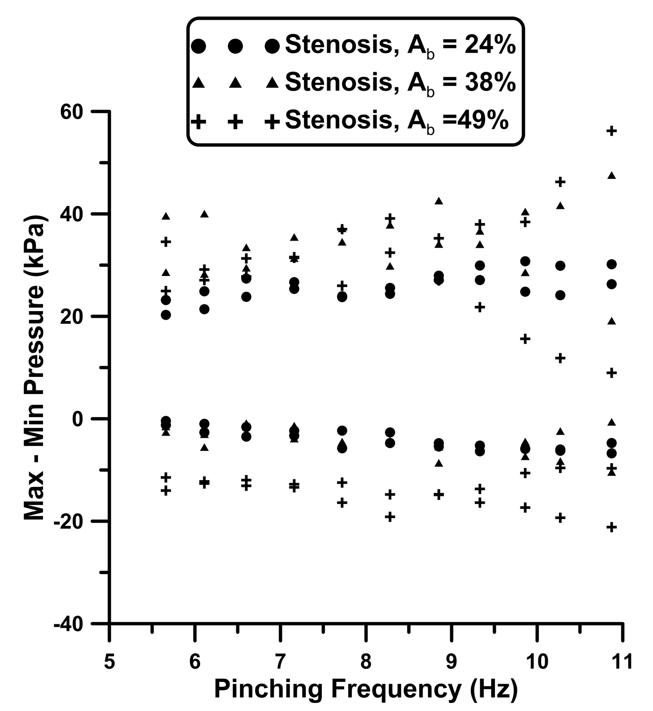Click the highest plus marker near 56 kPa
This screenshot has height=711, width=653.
(611, 131)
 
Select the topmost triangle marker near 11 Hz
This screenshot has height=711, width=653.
(611, 176)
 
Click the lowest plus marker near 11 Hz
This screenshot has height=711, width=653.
(611, 527)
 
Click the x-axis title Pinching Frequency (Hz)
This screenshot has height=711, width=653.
(365, 689)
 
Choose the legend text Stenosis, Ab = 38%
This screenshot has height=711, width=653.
(400, 82)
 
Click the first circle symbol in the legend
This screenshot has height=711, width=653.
(198, 46)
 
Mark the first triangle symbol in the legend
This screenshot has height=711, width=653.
(198, 83)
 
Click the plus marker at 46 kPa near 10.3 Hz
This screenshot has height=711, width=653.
(560, 182)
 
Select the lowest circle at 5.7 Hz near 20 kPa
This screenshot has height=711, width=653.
(166, 315)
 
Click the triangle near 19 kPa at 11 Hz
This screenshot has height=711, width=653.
(611, 321)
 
